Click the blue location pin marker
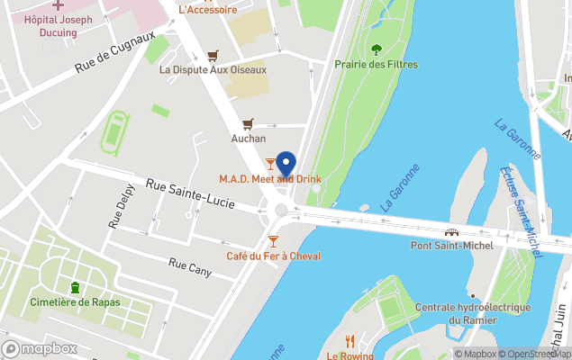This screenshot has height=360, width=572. [x=286, y=165]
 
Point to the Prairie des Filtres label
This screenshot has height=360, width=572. [x=376, y=64]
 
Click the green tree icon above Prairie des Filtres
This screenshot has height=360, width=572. [x=376, y=49]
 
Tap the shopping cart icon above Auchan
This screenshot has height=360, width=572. [x=248, y=124]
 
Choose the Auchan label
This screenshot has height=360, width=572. [x=248, y=139]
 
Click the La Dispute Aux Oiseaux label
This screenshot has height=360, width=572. [x=213, y=69]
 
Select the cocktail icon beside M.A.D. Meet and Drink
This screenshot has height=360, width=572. [x=270, y=163]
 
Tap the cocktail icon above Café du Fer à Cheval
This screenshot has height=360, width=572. [x=273, y=240]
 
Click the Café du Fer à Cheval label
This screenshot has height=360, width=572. [x=273, y=256]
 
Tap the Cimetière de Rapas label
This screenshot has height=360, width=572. [x=75, y=301]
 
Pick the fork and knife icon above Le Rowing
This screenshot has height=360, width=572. [x=350, y=341]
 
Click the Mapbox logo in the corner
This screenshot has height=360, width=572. [x=40, y=348]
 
